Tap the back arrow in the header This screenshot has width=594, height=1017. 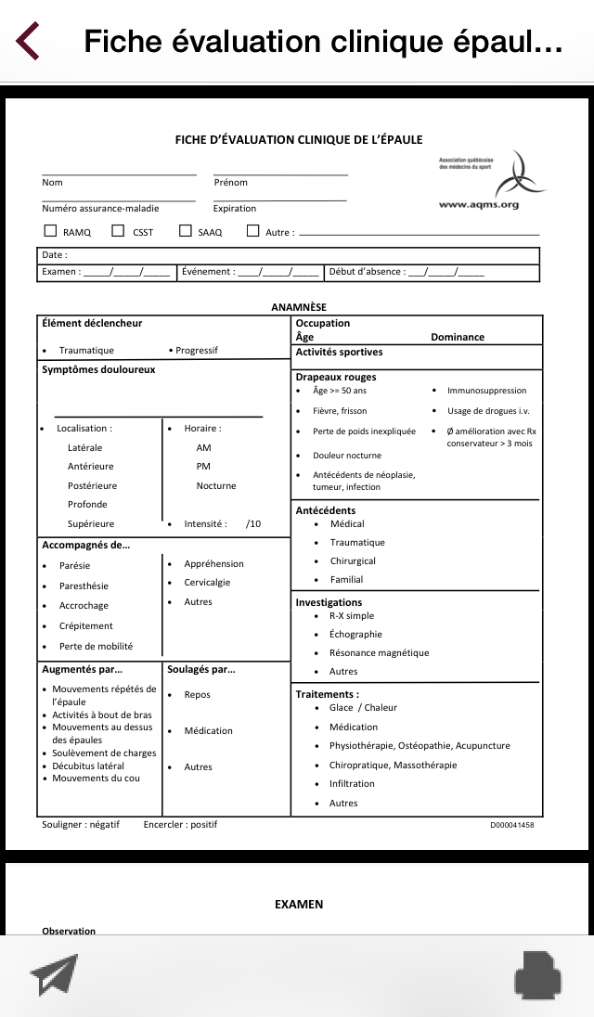click(28, 41)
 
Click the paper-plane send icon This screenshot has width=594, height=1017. click(54, 975)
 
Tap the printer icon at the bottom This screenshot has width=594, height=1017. click(538, 975)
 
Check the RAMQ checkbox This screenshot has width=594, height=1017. click(50, 231)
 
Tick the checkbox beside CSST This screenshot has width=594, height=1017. click(118, 231)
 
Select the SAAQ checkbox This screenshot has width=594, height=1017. click(186, 231)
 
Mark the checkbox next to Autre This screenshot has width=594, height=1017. click(252, 231)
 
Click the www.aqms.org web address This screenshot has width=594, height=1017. click(478, 204)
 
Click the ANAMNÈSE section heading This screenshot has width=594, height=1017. click(299, 307)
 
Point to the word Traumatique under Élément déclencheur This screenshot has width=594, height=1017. click(86, 351)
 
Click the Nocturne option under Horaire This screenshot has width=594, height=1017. click(216, 485)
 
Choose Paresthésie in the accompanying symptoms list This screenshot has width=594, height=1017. click(84, 586)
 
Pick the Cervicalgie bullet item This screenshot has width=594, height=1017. click(207, 583)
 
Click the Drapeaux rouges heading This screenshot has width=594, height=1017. click(336, 377)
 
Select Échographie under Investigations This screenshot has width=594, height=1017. click(355, 635)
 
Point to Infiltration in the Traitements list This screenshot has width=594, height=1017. click(351, 784)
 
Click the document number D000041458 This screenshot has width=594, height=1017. click(511, 825)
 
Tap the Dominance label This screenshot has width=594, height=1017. click(458, 338)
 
